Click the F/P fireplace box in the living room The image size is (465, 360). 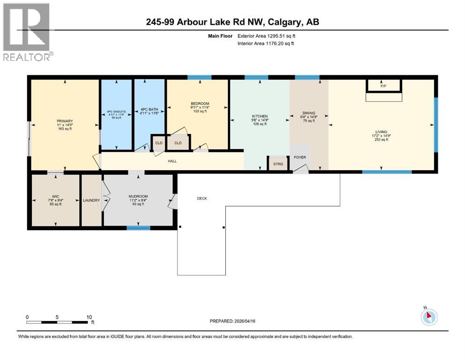tap(384, 85)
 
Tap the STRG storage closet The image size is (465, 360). tap(273, 164)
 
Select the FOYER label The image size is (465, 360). tap(300, 157)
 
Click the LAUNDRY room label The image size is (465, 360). tap(91, 200)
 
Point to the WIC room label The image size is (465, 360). tap(55, 196)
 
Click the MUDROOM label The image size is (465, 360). tap(138, 196)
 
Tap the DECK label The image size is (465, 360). tap(202, 198)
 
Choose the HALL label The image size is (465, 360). tap(173, 161)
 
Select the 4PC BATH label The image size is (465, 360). tap(149, 110)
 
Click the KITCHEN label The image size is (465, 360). tap(260, 116)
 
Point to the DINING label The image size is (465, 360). tap(309, 113)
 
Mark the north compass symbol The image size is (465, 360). tap(429, 317)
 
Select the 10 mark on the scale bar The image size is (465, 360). tap(89, 317)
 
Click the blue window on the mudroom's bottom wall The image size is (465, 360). tap(138, 228)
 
